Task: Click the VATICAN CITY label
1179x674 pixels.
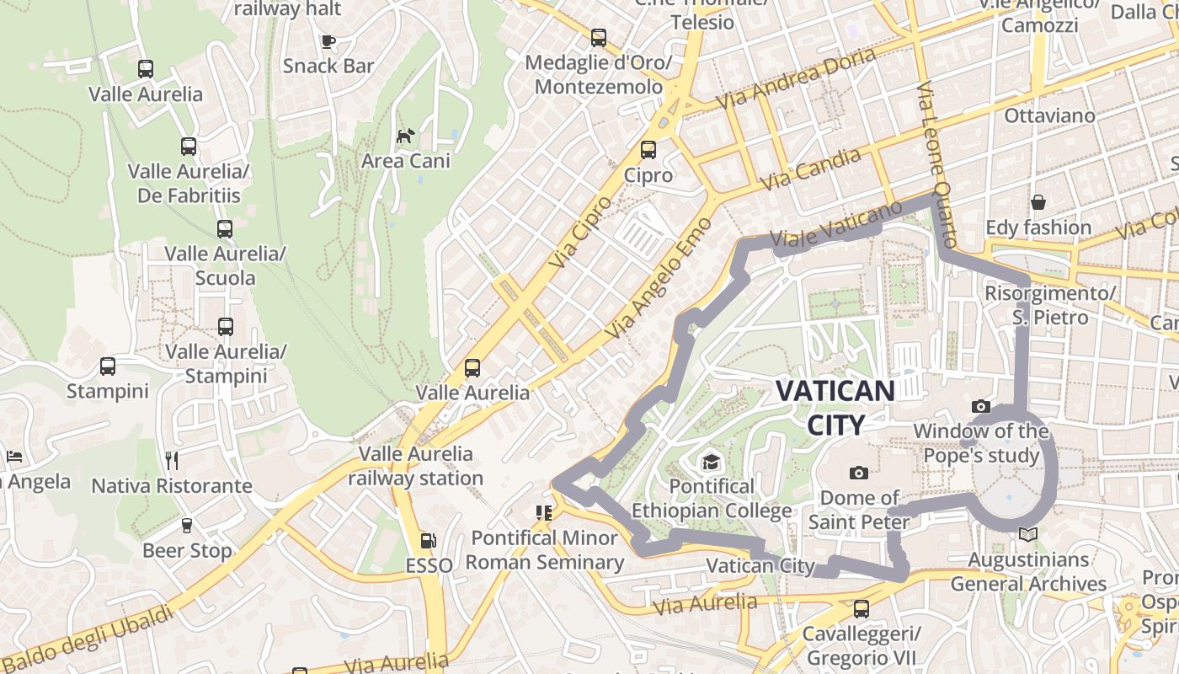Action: tap(835, 408)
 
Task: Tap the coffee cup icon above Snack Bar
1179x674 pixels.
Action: tap(328, 41)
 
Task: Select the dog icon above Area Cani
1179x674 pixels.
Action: tap(406, 136)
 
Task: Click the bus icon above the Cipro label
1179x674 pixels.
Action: tap(648, 150)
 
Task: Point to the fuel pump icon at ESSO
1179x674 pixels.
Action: tap(429, 540)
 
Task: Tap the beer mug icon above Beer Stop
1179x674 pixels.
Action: tap(187, 525)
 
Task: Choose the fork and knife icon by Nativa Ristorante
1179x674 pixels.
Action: tap(172, 460)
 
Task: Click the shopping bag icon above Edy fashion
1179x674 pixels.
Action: tap(1038, 202)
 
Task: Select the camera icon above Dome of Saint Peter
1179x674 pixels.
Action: tap(859, 473)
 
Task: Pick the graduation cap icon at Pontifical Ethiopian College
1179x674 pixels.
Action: tap(712, 462)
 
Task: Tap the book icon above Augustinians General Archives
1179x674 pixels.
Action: tap(1027, 534)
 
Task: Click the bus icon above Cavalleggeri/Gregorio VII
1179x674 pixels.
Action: tap(861, 608)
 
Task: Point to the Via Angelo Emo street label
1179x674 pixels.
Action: tap(659, 279)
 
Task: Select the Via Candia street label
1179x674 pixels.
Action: tap(811, 169)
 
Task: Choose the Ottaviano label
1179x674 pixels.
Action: tap(1049, 115)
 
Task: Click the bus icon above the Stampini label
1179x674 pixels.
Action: tap(108, 366)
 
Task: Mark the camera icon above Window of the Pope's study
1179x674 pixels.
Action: tap(980, 407)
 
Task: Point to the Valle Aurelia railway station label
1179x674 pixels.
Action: tap(416, 466)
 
